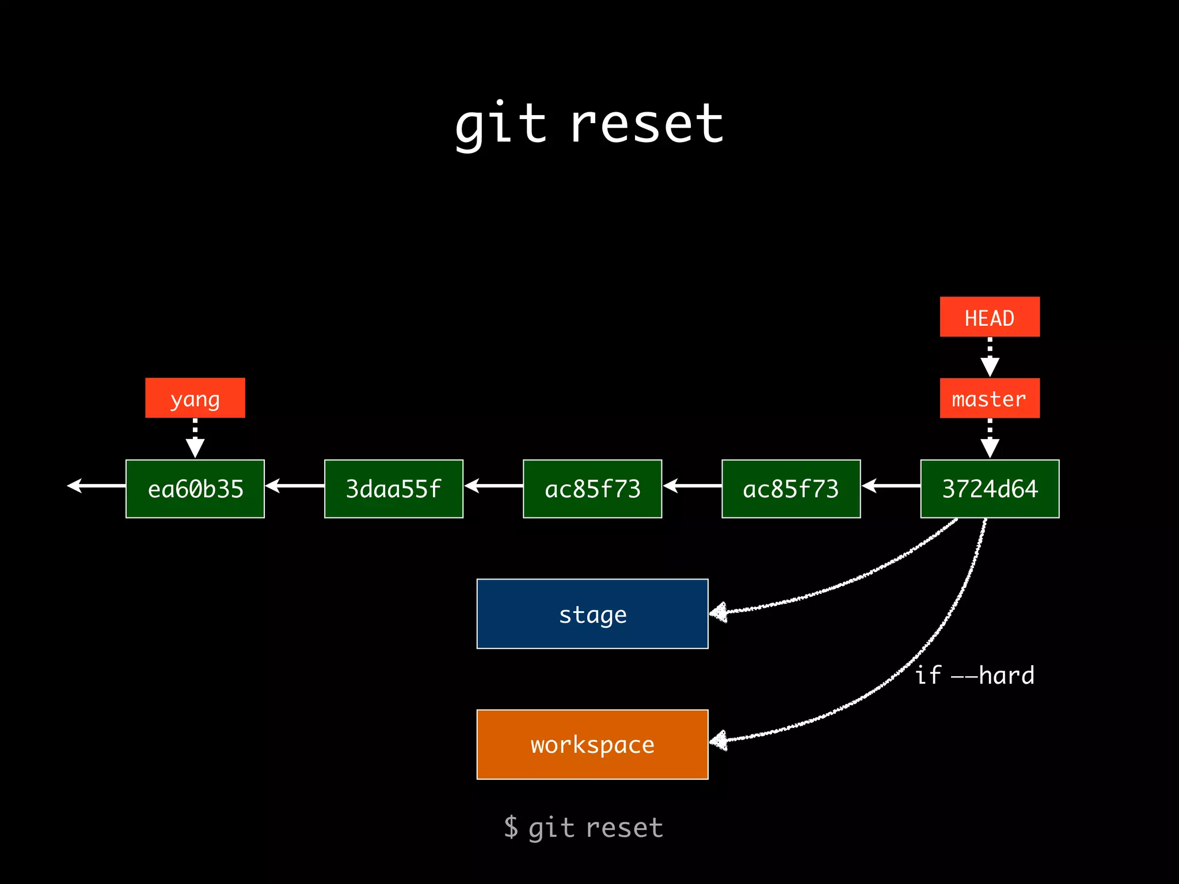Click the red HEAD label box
pos(990,317)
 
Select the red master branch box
pos(990,398)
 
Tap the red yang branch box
pos(195,398)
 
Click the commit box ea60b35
pos(195,489)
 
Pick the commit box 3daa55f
pos(394,489)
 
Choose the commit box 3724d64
pos(990,489)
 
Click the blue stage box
pos(592,614)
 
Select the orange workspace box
pos(592,744)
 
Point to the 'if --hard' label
pos(975,676)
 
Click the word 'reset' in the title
pos(646,124)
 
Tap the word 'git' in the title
pos(500,124)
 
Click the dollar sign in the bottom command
pos(511,827)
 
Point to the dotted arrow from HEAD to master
pos(990,357)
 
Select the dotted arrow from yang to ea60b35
pos(195,439)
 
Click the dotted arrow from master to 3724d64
pos(990,439)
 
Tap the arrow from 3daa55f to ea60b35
pos(295,486)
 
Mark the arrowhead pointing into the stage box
pos(718,613)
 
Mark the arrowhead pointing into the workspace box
pos(718,741)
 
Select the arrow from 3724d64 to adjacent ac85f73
pos(891,486)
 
